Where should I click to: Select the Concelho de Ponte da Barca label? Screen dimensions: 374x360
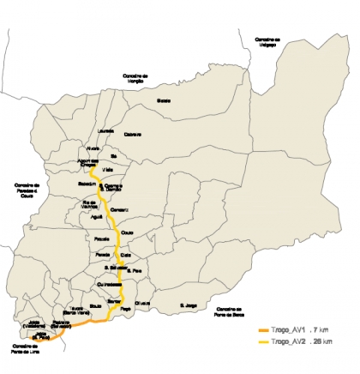231,311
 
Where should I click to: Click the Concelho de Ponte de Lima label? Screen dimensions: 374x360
25,348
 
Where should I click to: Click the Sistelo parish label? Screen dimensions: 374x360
164,100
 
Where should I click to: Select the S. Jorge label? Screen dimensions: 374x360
188,305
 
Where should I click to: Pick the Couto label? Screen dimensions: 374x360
128,232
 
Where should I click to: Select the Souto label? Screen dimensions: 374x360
96,305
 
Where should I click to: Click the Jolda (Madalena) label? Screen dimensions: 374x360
35,325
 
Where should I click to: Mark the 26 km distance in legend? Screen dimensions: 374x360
324,341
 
